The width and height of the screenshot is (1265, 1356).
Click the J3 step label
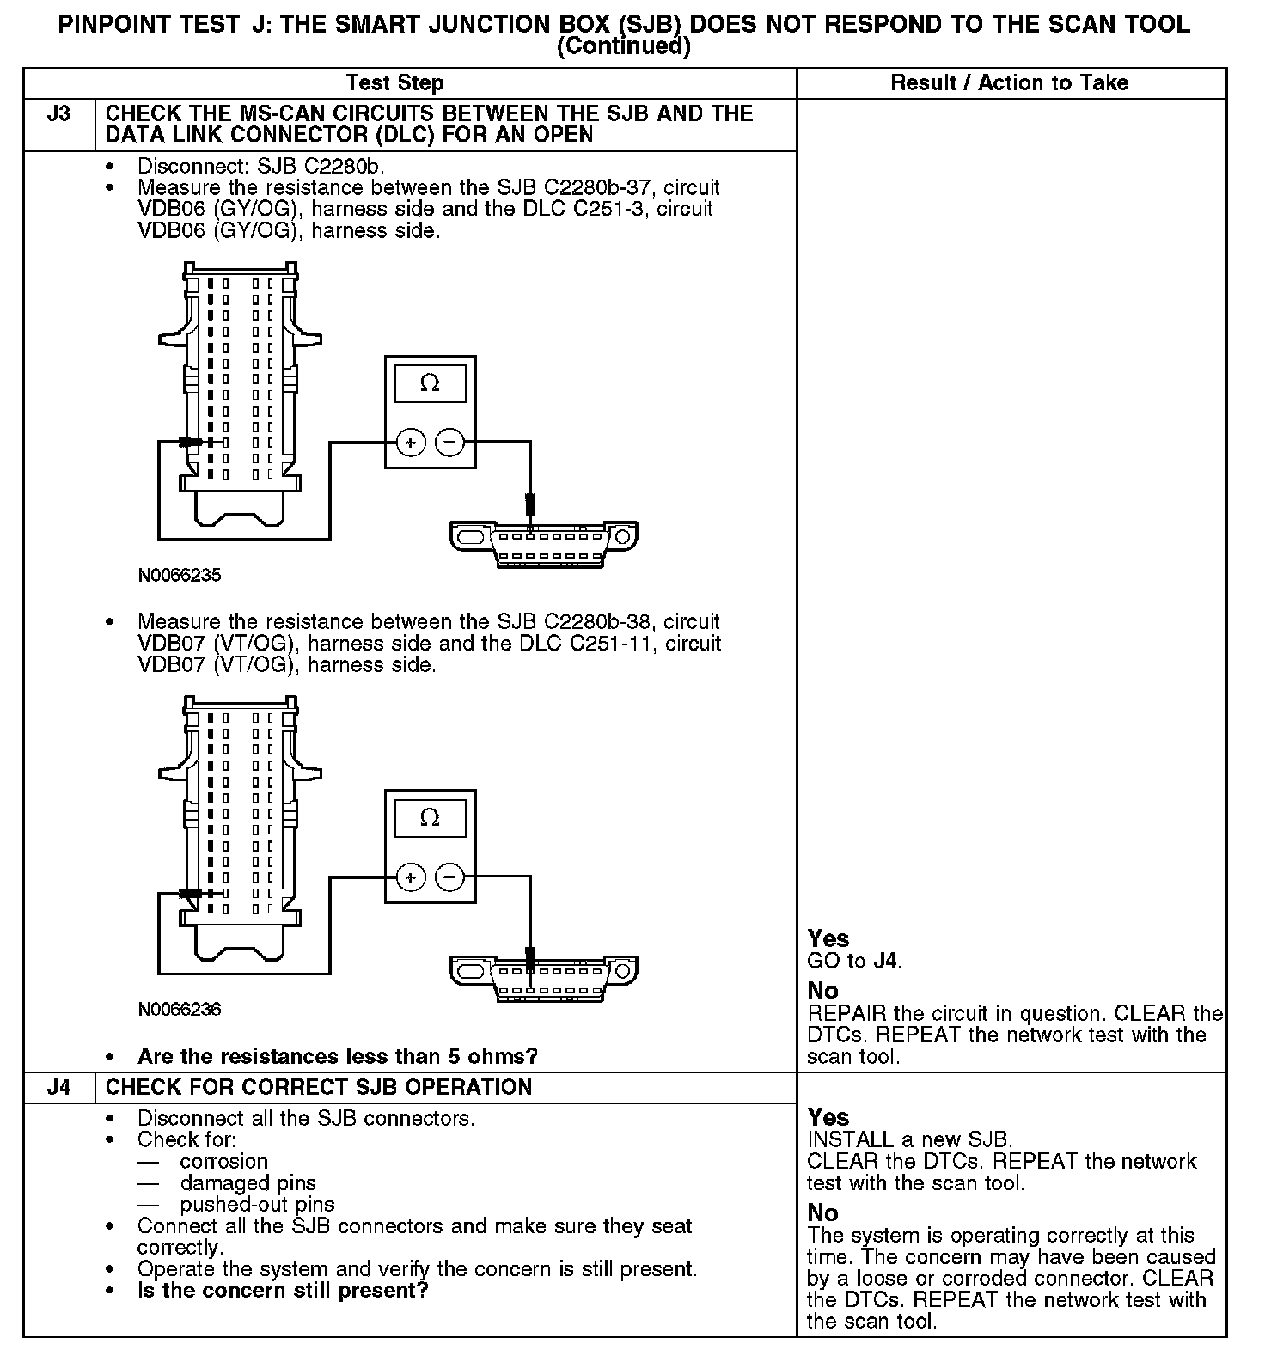[x=58, y=114]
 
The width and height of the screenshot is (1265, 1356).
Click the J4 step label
[x=58, y=1087]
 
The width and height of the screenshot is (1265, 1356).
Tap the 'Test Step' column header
[x=394, y=83]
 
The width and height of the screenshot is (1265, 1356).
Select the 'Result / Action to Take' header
[x=1009, y=83]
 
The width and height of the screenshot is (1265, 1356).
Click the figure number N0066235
[x=180, y=576]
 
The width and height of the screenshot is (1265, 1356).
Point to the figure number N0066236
[x=180, y=1010]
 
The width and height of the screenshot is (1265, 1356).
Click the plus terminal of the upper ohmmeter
[x=411, y=443]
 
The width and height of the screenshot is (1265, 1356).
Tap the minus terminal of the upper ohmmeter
[x=449, y=443]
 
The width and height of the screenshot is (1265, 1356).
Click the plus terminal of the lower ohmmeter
[x=411, y=877]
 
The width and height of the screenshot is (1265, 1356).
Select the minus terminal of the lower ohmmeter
[x=449, y=877]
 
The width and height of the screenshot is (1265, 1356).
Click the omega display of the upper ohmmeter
[x=430, y=383]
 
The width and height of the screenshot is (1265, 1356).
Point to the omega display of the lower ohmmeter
[x=430, y=818]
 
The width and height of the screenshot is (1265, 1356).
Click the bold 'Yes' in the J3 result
[x=828, y=938]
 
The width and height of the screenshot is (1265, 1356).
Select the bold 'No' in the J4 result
[x=822, y=1212]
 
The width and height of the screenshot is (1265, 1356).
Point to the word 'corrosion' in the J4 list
[x=223, y=1162]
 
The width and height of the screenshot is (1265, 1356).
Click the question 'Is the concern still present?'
[x=283, y=1291]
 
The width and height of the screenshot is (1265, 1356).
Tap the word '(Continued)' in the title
[x=624, y=46]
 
